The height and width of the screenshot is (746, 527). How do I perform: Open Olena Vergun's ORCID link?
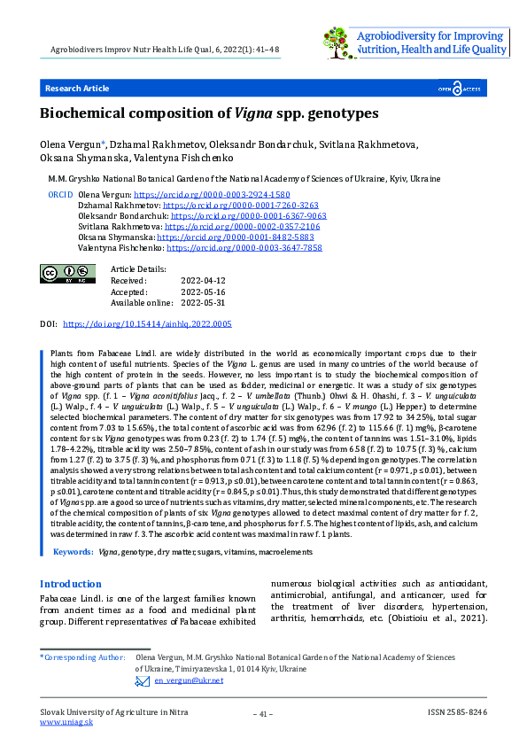pyautogui.click(x=211, y=193)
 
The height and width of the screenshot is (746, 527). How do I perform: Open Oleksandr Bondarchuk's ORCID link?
pyautogui.click(x=248, y=215)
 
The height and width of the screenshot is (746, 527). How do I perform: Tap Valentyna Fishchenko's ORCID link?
pyautogui.click(x=244, y=249)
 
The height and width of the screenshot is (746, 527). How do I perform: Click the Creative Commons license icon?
pyautogui.click(x=68, y=274)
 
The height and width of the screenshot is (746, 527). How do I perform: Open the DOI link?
pyautogui.click(x=147, y=325)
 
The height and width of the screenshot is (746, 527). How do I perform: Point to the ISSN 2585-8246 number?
pyautogui.click(x=457, y=712)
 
